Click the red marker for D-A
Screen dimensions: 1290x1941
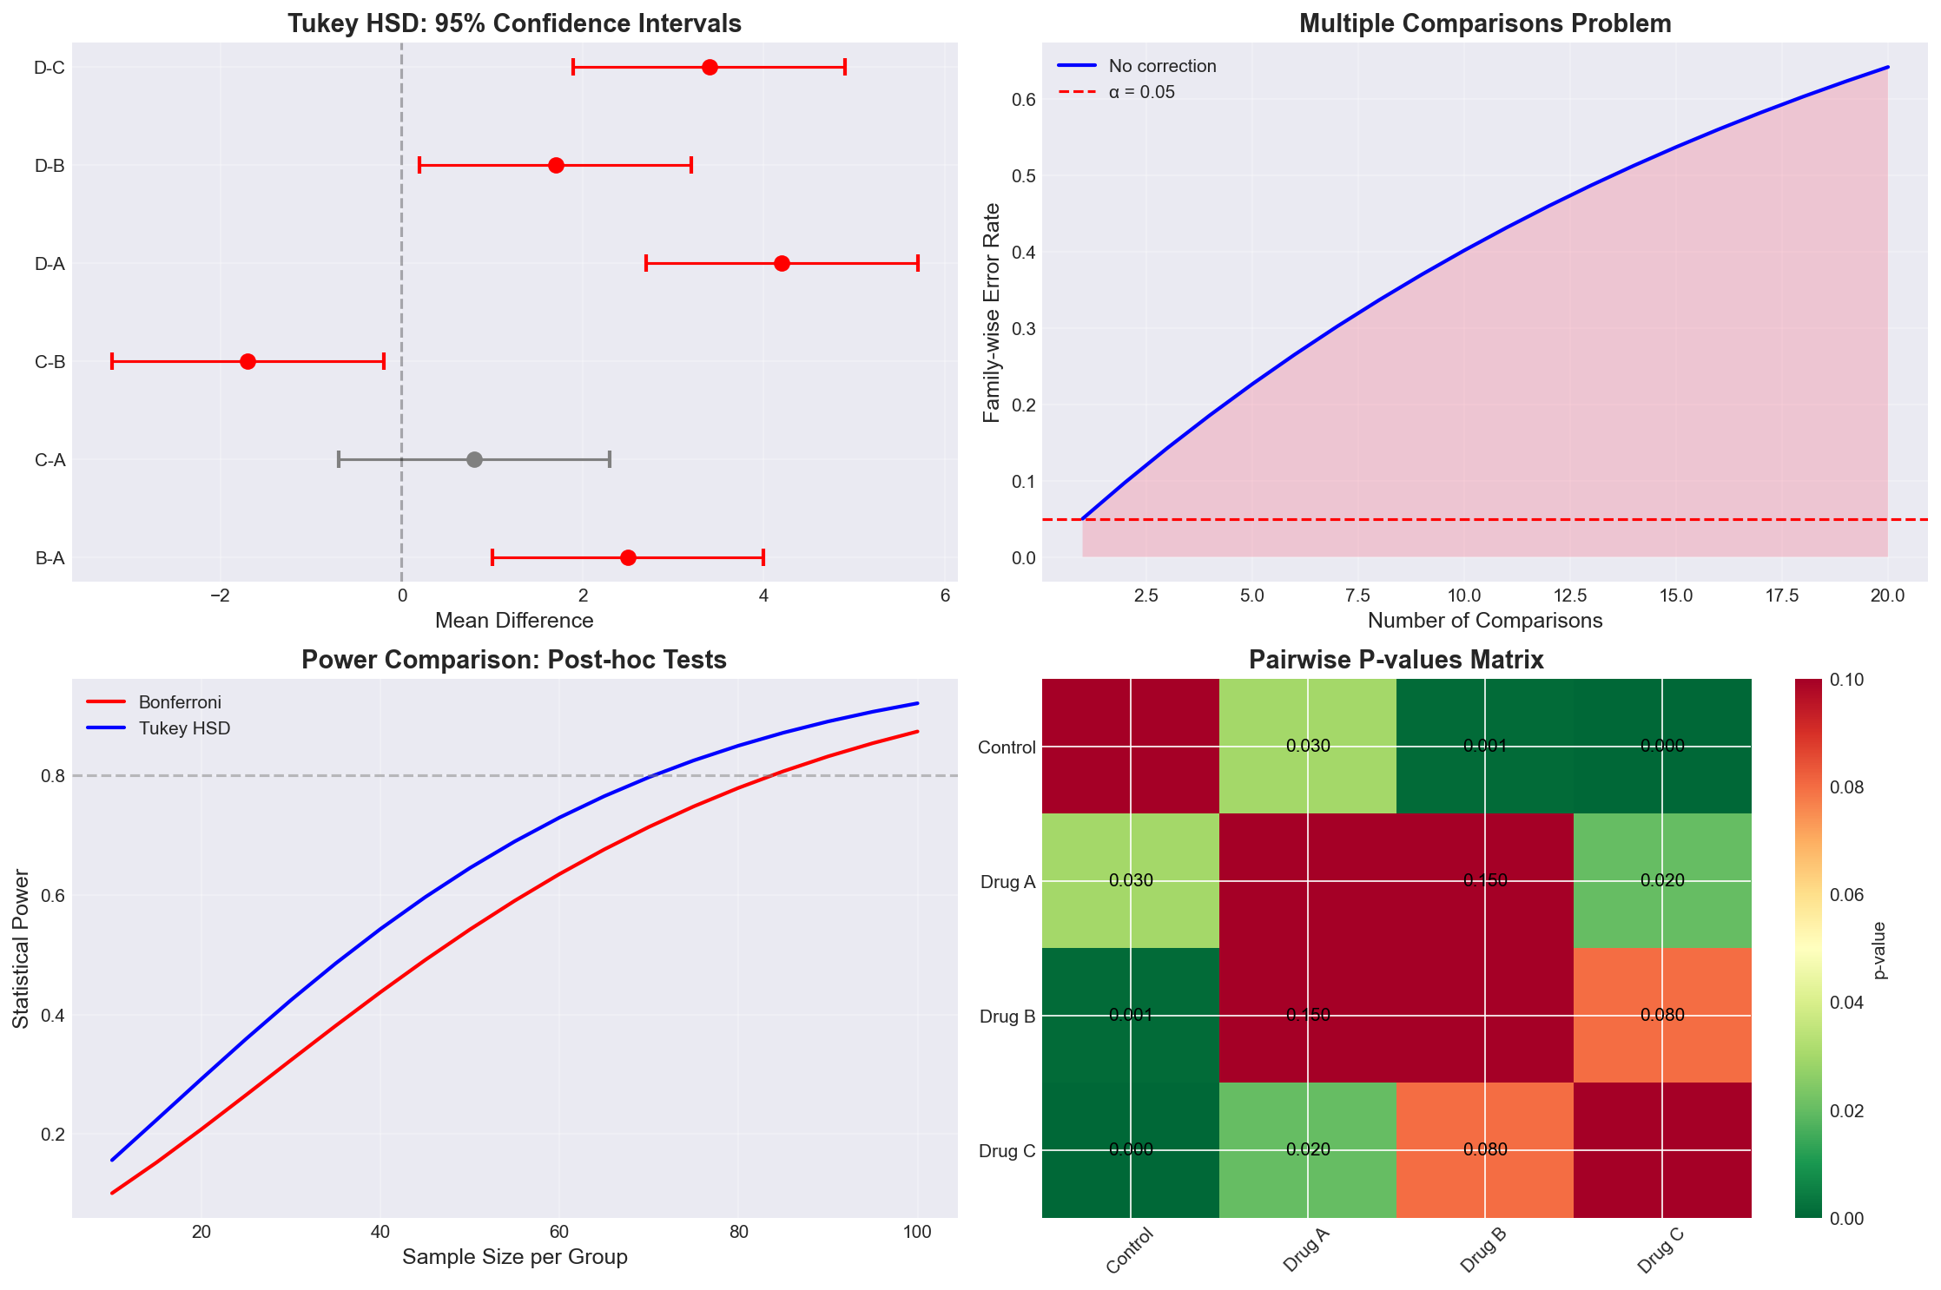point(782,263)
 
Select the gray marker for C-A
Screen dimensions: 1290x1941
point(474,459)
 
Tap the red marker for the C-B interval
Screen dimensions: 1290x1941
point(248,361)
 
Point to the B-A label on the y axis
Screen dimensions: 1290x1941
point(50,558)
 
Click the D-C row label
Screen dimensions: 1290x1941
point(50,68)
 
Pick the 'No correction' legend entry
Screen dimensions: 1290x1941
point(1162,66)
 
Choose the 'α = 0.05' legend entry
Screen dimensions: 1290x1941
point(1141,92)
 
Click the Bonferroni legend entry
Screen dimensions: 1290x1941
point(179,702)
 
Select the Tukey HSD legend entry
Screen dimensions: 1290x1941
point(184,728)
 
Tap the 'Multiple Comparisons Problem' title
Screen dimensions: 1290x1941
point(1485,23)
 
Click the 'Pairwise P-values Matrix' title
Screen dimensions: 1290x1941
point(1396,660)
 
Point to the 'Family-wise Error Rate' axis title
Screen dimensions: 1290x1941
point(992,313)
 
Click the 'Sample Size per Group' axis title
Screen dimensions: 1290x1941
point(515,1257)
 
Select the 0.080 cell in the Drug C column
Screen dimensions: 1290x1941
point(1662,1015)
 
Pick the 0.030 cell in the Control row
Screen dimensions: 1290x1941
point(1308,746)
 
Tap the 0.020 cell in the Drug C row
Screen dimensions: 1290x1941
point(1308,1149)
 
